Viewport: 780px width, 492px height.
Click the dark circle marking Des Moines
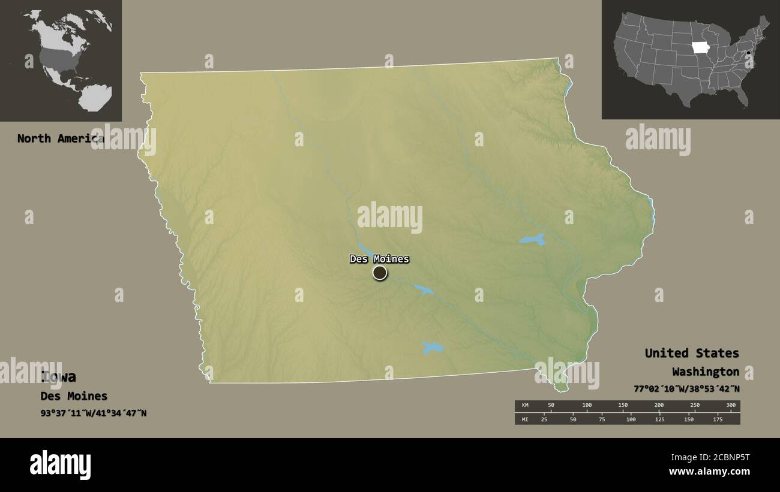tap(380, 273)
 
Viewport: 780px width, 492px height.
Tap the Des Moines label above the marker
tap(379, 259)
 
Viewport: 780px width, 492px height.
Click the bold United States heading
tap(691, 353)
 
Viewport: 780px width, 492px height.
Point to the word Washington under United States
tap(705, 372)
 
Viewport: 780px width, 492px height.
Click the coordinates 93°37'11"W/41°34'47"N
tap(93, 413)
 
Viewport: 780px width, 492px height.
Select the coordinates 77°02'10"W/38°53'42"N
tap(686, 388)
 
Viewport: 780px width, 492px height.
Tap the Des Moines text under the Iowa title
tap(74, 396)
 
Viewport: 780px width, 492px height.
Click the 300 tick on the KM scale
tap(730, 406)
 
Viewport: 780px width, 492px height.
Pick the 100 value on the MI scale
tap(631, 419)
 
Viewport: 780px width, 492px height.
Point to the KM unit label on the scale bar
tap(525, 406)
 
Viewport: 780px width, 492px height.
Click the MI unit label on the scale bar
tap(525, 419)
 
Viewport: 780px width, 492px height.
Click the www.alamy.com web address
tap(709, 472)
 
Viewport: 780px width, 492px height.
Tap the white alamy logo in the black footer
tap(60, 465)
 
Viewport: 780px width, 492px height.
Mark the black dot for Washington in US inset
tap(749, 55)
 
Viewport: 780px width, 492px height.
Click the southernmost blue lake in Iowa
tap(432, 348)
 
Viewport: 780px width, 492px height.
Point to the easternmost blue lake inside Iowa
tap(533, 240)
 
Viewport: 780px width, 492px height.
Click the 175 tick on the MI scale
tap(717, 419)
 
